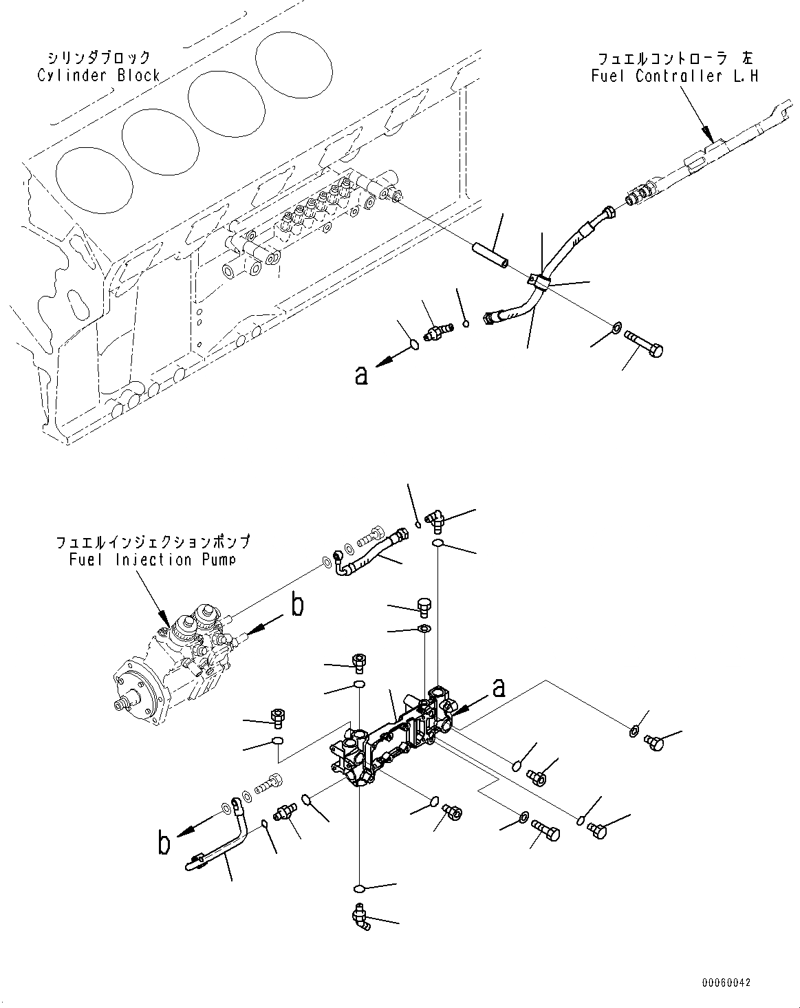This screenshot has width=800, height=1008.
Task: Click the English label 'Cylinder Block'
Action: point(98,76)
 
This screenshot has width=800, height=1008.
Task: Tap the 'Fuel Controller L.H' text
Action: point(674,76)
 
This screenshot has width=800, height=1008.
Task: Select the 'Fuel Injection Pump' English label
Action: point(152,559)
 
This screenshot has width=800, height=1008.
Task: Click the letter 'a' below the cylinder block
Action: point(361,376)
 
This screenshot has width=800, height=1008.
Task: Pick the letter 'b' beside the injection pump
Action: point(297,605)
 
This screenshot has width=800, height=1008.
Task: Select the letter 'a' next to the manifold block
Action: point(499,686)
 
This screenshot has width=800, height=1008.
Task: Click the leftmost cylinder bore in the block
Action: point(94,182)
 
